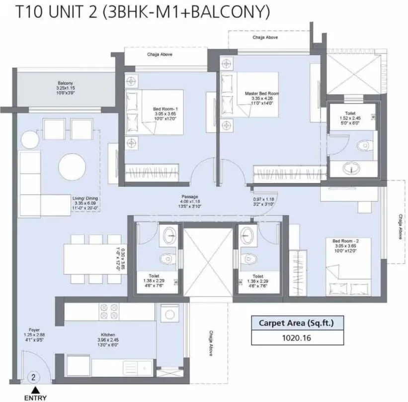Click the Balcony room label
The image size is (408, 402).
[65, 83]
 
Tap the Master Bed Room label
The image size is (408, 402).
[262, 94]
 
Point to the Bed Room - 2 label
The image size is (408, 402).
[345, 241]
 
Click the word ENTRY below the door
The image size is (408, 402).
[34, 397]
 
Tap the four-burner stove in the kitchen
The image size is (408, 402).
[109, 311]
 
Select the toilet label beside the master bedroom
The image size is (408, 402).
[351, 113]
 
